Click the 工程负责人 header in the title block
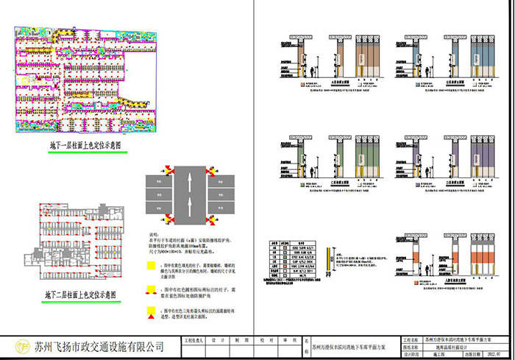click(193, 340)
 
